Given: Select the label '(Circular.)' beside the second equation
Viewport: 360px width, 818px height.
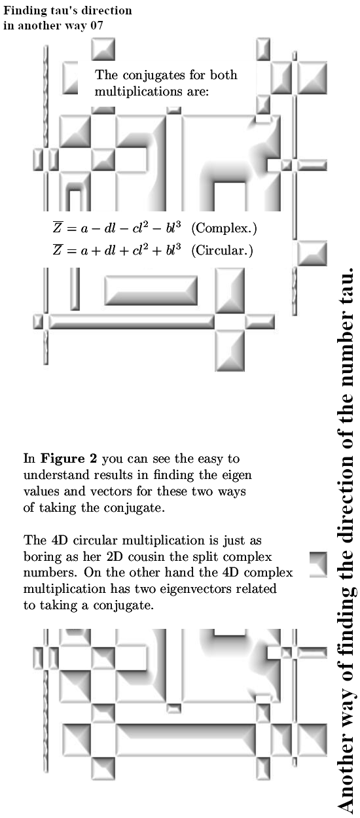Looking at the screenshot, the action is (x=222, y=251).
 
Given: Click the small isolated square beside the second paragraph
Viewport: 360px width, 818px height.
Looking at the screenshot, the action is (x=318, y=563).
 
